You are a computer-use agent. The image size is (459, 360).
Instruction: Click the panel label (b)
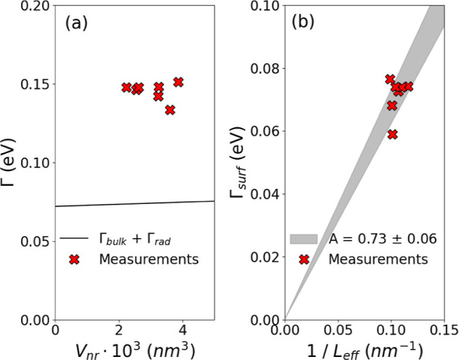click(306, 23)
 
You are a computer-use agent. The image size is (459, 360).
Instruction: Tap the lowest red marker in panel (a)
click(170, 110)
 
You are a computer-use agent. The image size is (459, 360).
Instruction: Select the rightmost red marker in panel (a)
click(178, 82)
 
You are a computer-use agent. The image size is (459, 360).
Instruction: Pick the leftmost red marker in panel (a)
click(126, 87)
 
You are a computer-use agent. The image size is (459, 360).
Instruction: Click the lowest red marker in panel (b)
click(392, 134)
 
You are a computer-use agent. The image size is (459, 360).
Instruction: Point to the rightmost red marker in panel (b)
click(407, 87)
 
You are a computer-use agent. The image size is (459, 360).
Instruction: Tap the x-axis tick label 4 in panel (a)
click(182, 329)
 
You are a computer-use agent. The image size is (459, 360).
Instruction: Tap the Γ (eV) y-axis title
click(10, 163)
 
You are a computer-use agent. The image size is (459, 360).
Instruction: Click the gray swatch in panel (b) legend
click(304, 239)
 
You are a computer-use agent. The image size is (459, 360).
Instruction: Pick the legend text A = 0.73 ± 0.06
click(383, 239)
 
